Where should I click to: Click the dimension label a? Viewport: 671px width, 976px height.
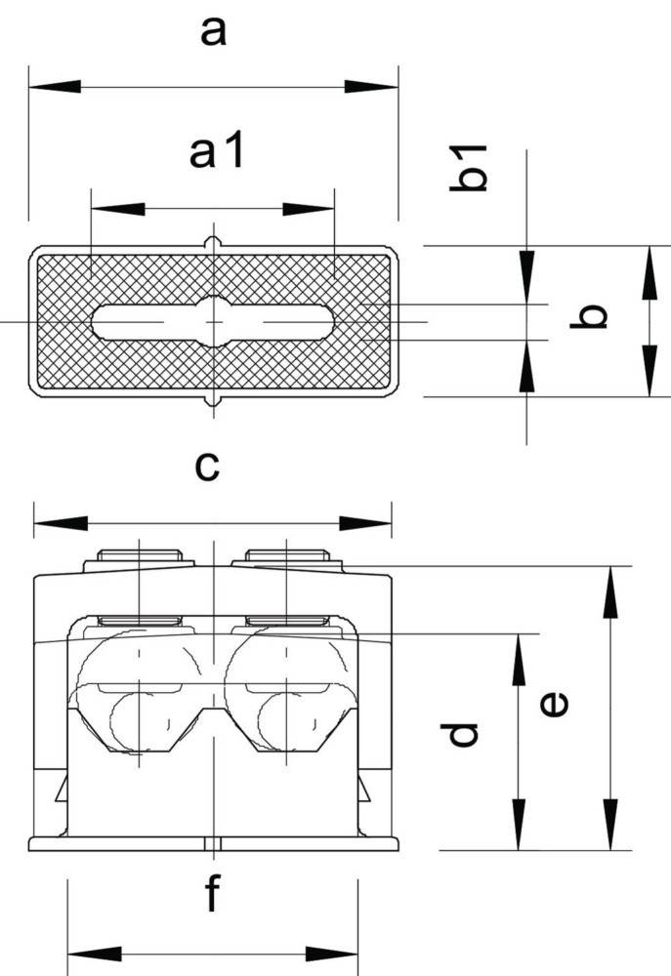(x=213, y=32)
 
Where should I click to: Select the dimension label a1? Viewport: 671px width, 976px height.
(x=216, y=151)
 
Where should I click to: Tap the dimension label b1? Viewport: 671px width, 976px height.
(x=468, y=168)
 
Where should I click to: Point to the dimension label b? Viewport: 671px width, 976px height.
(x=589, y=315)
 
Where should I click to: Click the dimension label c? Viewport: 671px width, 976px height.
(x=207, y=467)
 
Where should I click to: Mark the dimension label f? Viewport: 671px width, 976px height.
(x=213, y=893)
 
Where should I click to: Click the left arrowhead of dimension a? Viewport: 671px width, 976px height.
(x=55, y=87)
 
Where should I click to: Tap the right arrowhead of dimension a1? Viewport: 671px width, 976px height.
(x=309, y=209)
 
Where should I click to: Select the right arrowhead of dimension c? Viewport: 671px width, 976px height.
(x=365, y=523)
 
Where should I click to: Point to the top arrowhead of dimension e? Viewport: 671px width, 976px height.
(x=610, y=592)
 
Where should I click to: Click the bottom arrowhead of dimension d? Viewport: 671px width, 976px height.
(x=519, y=824)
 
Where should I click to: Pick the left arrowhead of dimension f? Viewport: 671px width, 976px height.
(x=94, y=954)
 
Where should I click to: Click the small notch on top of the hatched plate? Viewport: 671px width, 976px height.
(x=213, y=241)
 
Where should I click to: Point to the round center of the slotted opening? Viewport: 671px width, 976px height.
(x=214, y=322)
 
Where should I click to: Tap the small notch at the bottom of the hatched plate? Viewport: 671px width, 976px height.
(x=213, y=400)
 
